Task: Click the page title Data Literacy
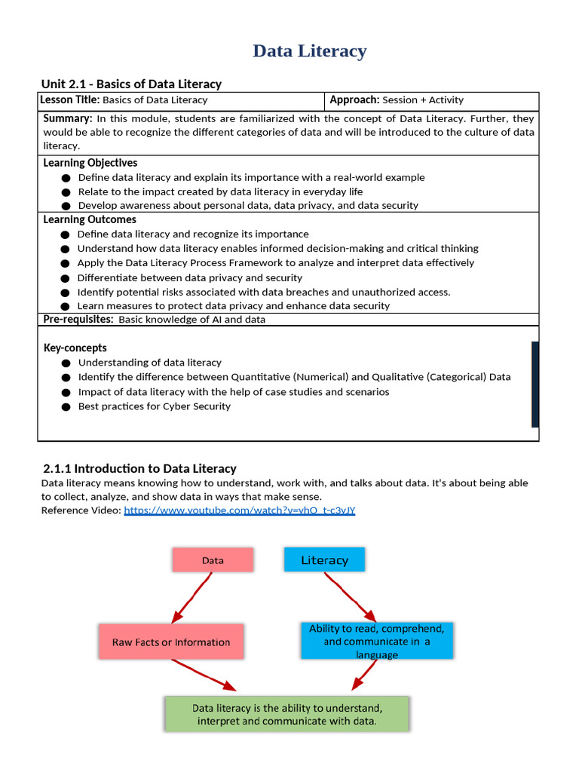click(309, 51)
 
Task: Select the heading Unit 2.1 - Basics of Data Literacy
click(131, 84)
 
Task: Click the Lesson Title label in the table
click(71, 100)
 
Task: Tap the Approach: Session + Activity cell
click(397, 100)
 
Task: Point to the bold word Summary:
click(68, 118)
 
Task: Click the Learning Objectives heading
click(90, 163)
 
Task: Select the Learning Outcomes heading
click(90, 219)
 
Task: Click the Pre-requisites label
click(78, 319)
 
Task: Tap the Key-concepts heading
click(75, 348)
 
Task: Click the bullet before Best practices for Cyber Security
click(66, 406)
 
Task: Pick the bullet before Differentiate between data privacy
click(66, 278)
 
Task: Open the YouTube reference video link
click(239, 510)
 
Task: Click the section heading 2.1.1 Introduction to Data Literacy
click(139, 468)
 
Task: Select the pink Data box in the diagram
click(213, 560)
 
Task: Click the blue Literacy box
click(324, 560)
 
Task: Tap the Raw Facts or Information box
click(171, 642)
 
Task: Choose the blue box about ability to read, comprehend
click(376, 641)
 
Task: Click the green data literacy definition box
click(286, 714)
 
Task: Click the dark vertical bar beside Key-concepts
click(535, 384)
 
